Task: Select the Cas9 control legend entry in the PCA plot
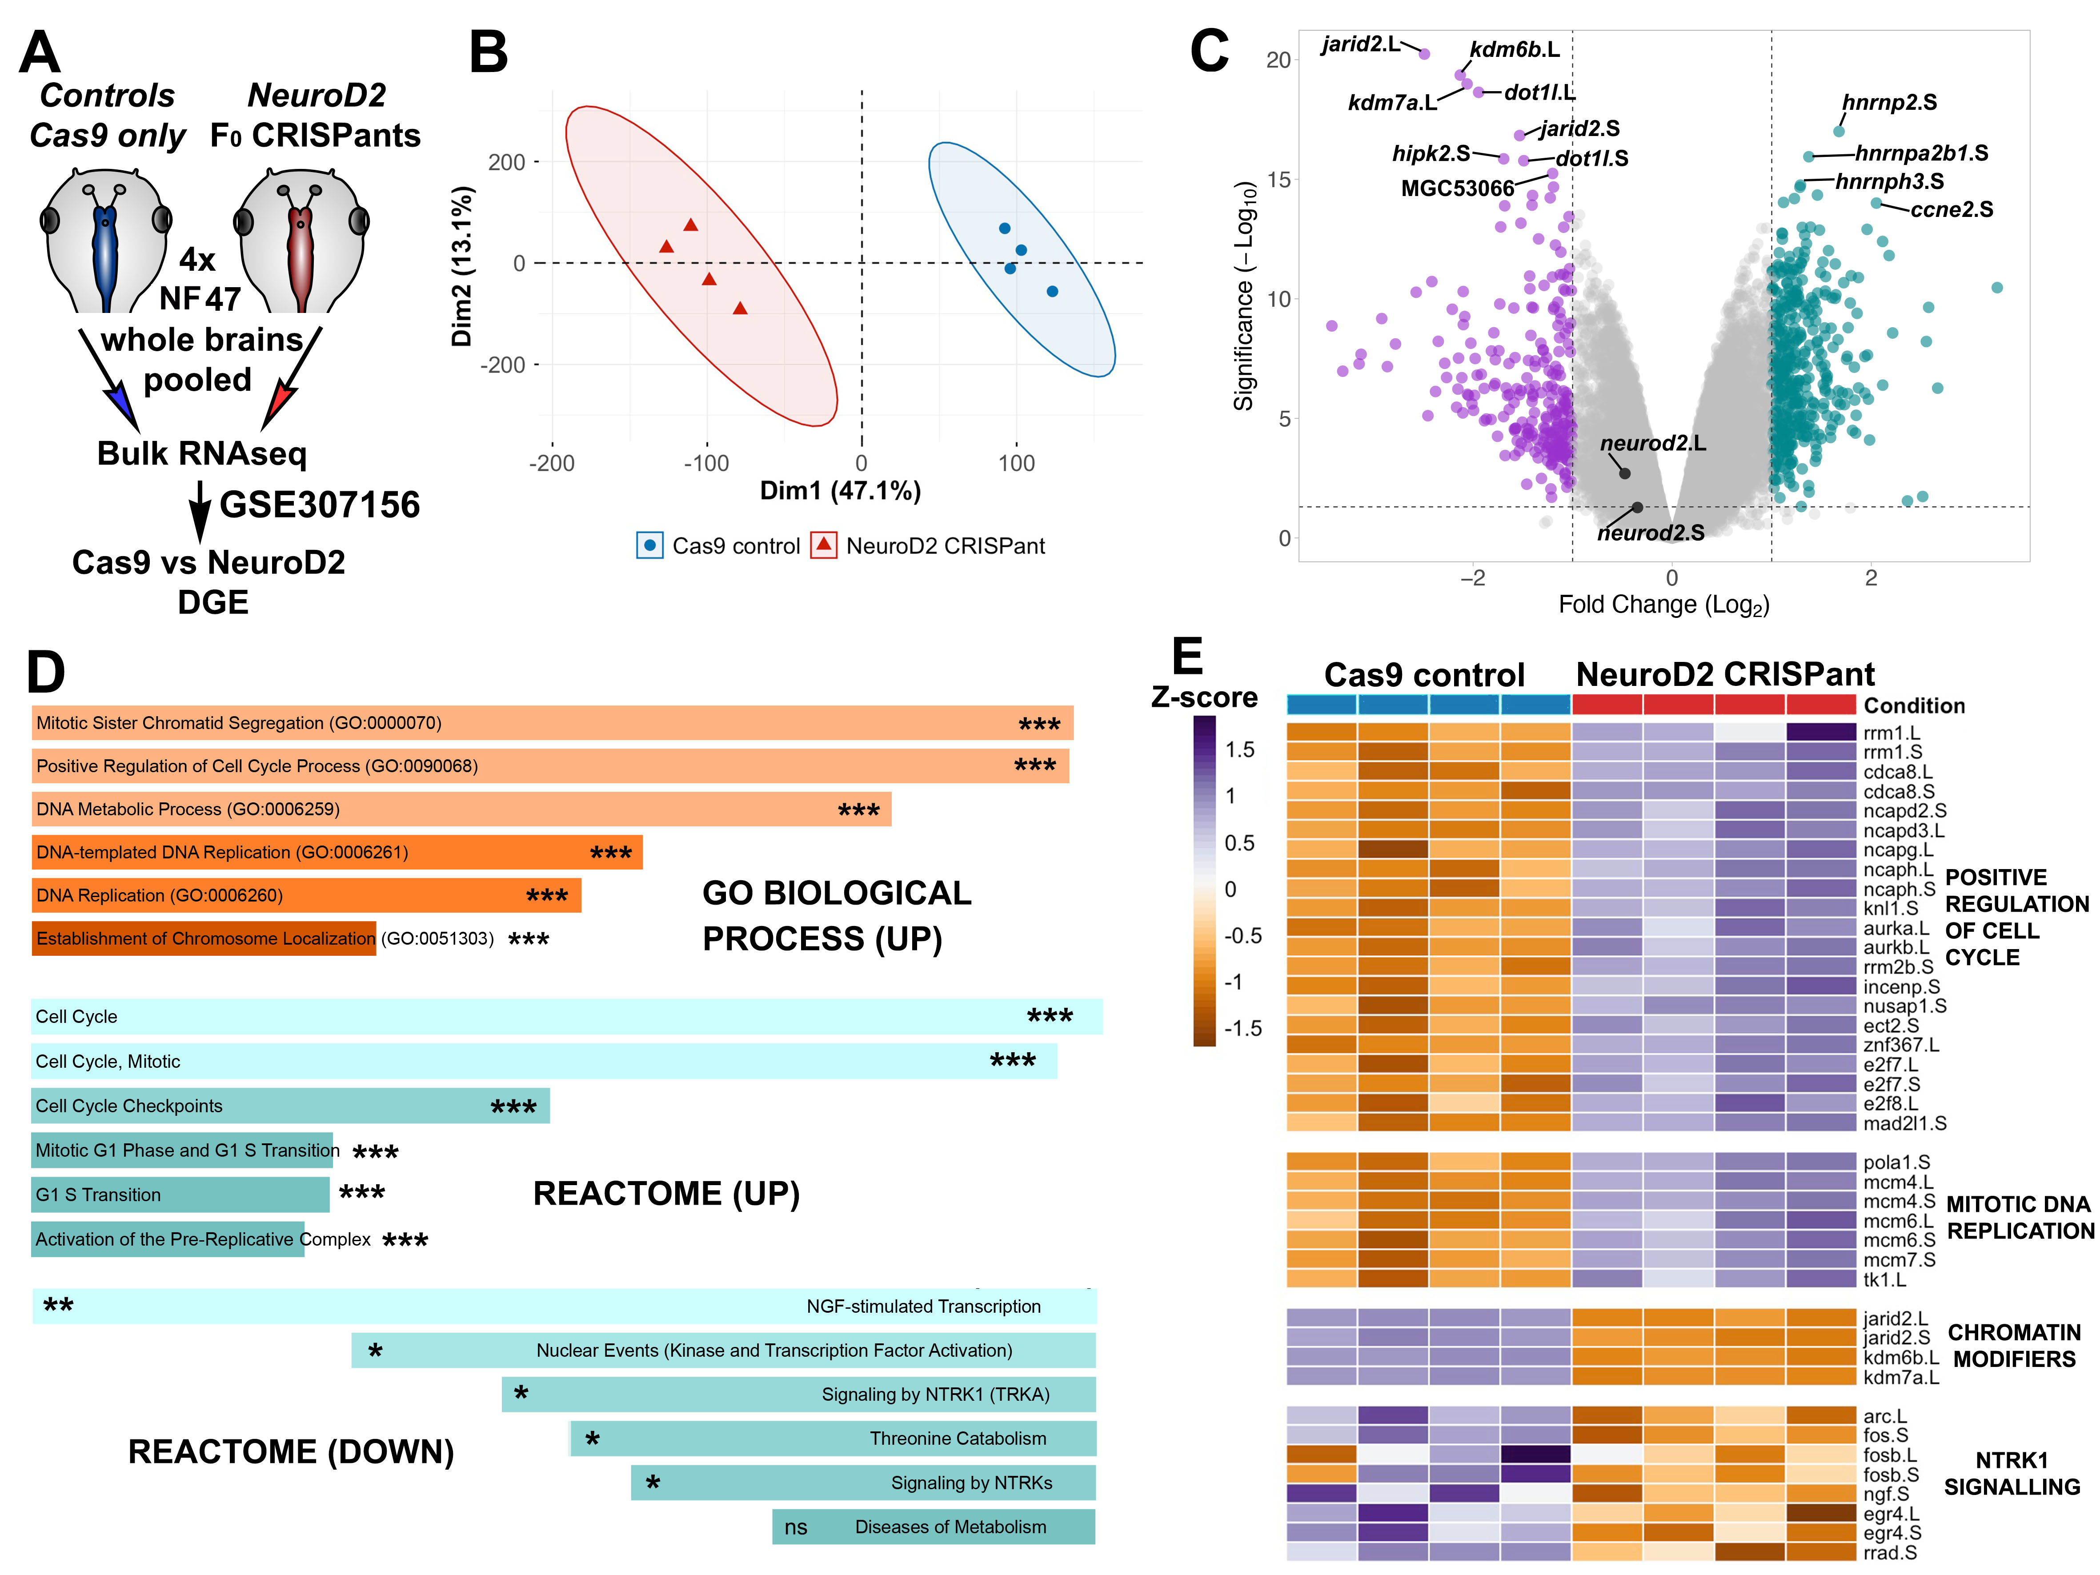point(719,546)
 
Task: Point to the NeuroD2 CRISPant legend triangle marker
point(823,545)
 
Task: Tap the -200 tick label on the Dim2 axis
point(504,365)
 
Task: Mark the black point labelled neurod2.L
point(1624,473)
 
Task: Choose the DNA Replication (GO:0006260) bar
point(306,895)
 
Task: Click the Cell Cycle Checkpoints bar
point(289,1106)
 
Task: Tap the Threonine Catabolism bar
point(833,1438)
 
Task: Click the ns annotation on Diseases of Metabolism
point(796,1527)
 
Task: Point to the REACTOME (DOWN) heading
point(291,1451)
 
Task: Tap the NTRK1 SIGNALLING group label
point(2012,1473)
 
